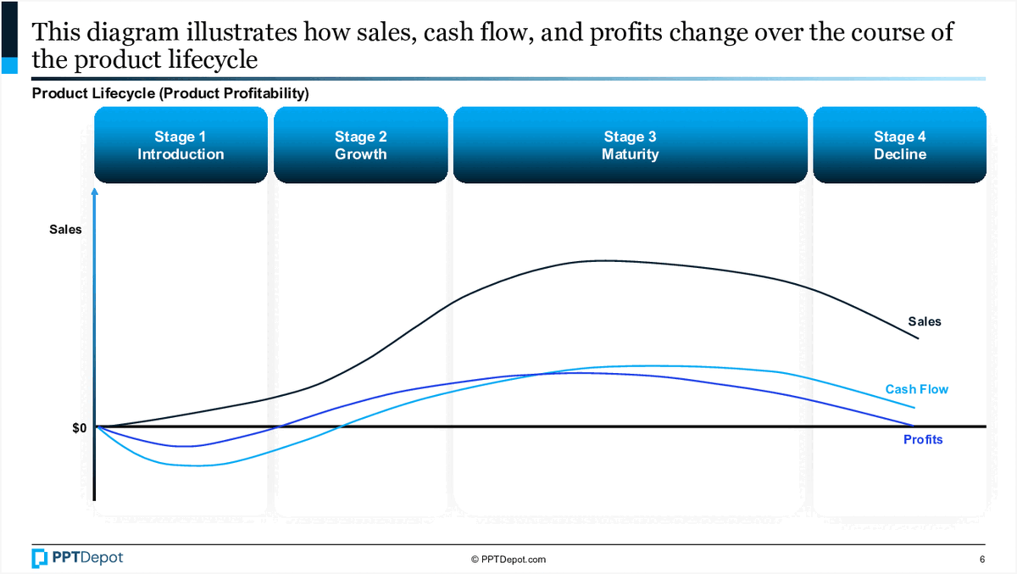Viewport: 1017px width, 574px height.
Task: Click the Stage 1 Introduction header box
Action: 181,145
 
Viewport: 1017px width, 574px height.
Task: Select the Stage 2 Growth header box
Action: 360,145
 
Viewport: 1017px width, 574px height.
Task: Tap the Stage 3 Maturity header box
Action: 630,145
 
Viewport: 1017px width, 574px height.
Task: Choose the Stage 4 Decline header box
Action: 899,145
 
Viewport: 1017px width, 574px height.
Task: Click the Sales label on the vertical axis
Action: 65,229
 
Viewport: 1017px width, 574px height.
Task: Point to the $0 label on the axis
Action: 79,428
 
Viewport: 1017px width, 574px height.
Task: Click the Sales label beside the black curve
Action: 924,321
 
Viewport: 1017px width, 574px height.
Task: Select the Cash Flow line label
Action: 916,389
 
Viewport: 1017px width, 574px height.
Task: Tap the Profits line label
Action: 923,440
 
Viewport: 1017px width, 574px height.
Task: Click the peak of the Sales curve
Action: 602,260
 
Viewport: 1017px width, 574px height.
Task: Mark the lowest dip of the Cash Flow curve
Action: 193,465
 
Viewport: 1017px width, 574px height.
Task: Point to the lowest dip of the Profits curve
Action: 188,446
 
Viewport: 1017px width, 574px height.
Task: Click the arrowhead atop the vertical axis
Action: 95,192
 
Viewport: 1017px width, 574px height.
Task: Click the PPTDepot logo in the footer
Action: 77,558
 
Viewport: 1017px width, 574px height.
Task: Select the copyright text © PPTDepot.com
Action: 508,560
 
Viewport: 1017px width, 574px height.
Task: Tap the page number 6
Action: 982,560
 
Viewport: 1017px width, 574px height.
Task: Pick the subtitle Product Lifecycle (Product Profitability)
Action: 169,93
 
